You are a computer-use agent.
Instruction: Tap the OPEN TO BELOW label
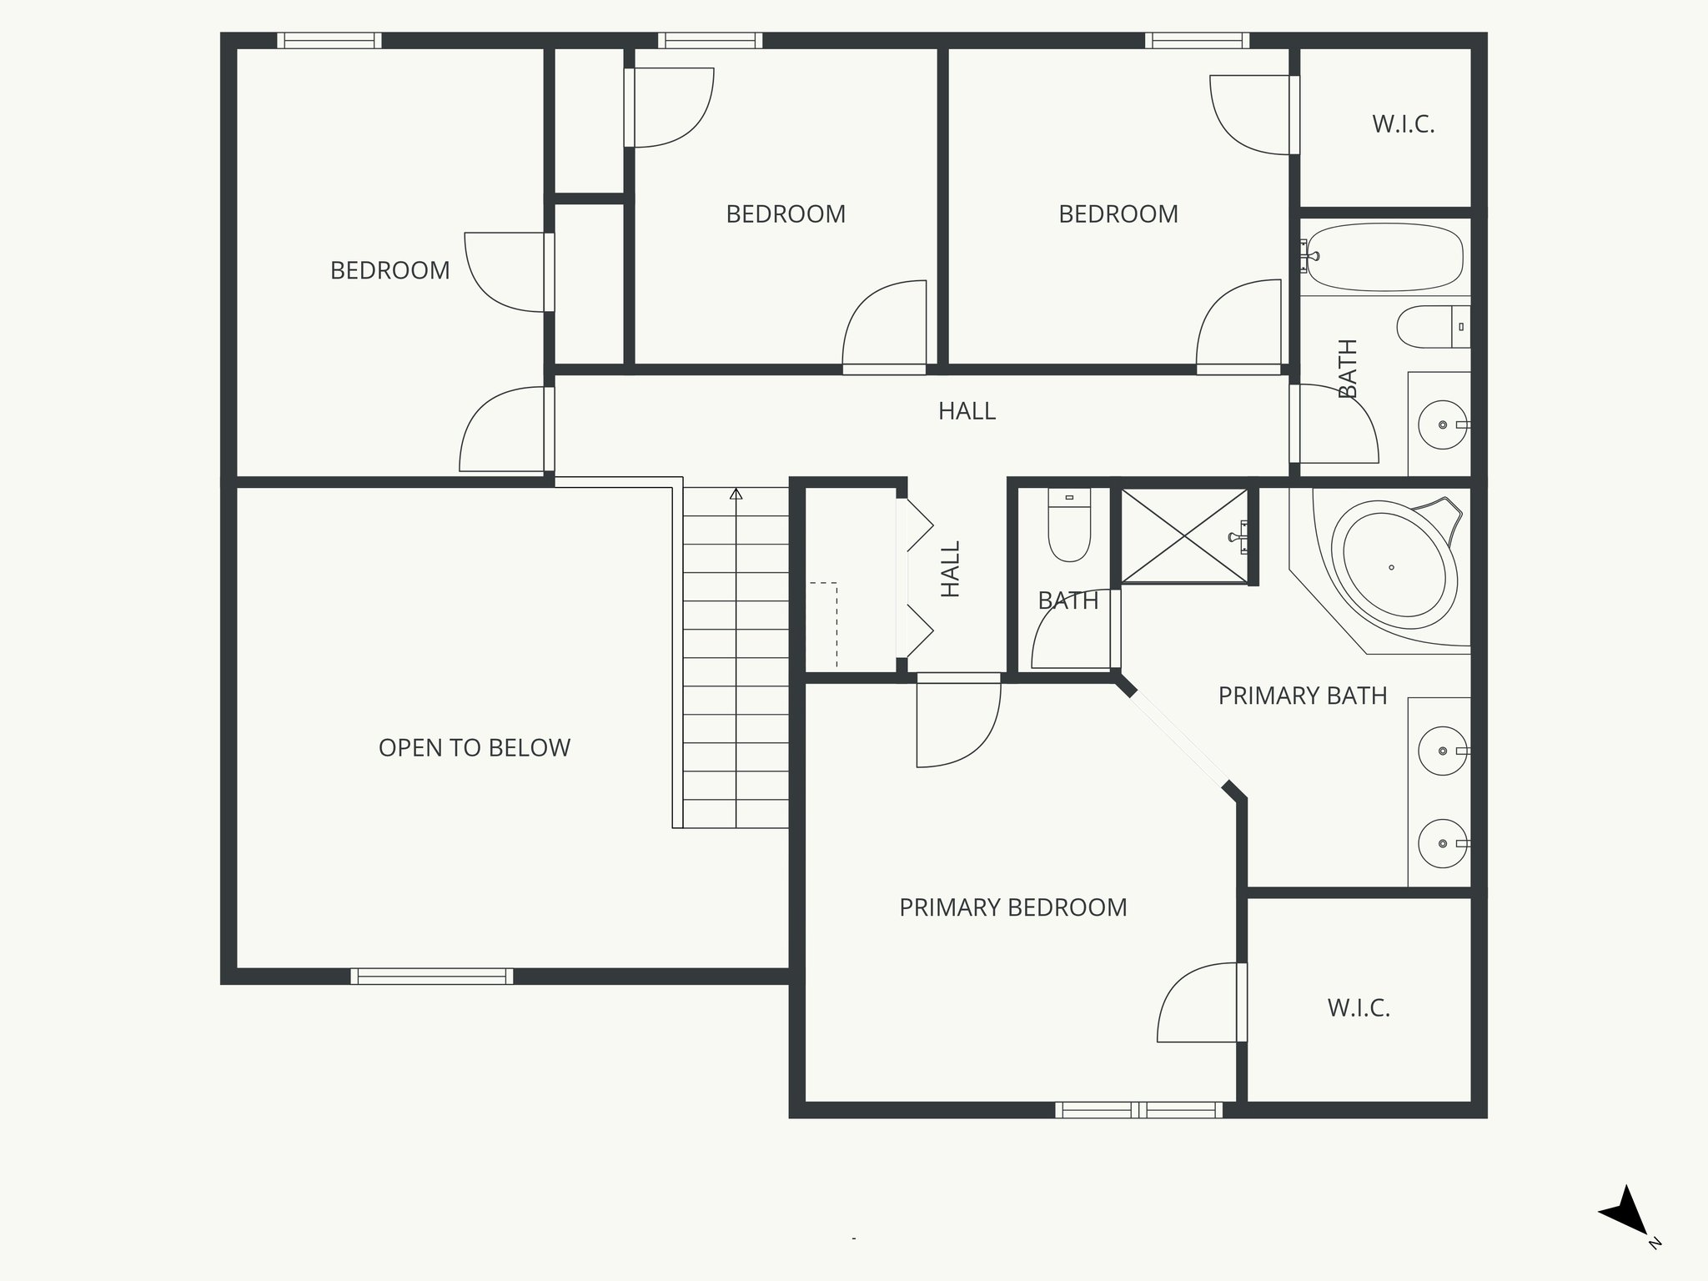tap(474, 748)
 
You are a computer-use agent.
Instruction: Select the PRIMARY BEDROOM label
tap(1012, 907)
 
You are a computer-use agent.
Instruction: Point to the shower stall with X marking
tap(1184, 535)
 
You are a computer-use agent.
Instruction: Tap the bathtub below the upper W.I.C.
tap(1384, 255)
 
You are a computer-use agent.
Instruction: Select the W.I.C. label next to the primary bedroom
tap(1359, 1008)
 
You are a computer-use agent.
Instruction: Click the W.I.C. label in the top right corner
tap(1403, 125)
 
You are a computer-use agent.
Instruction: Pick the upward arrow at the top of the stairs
tap(736, 495)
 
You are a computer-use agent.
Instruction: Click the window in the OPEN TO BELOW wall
tap(431, 976)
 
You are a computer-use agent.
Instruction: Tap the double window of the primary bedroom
tap(1138, 1110)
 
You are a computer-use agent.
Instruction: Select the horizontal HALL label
tap(967, 411)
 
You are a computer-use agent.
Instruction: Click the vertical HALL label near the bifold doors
tap(951, 569)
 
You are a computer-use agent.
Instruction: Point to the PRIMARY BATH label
tap(1302, 696)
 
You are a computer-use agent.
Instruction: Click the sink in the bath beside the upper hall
tap(1442, 424)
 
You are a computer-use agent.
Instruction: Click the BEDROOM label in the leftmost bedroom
tap(389, 270)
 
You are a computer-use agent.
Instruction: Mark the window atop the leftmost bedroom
tap(329, 40)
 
